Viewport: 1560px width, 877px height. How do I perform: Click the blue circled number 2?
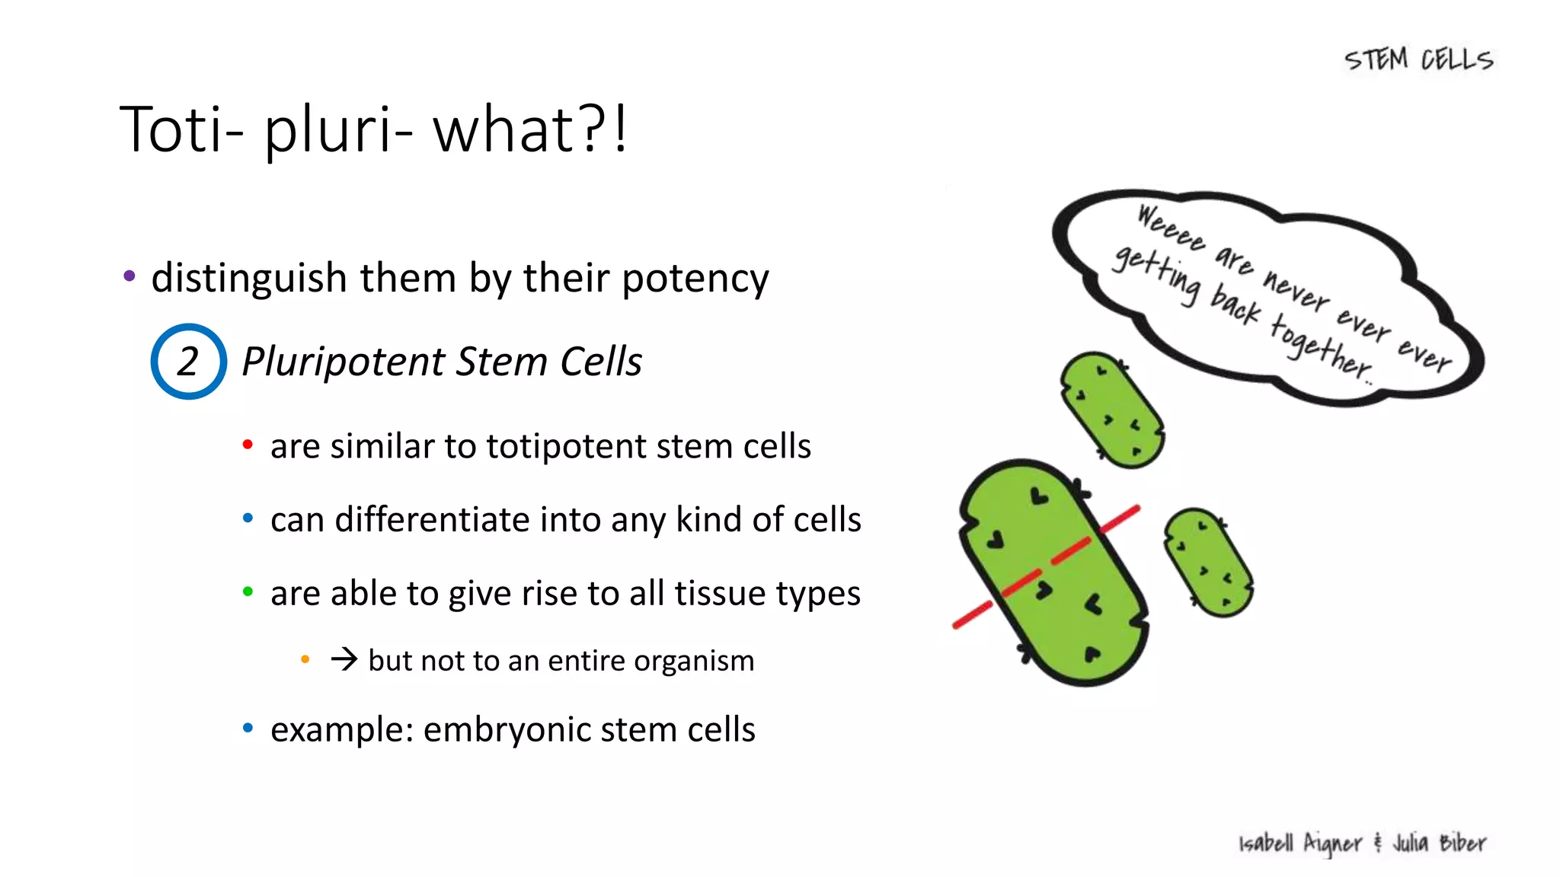(188, 362)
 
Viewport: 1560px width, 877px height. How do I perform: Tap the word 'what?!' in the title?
(530, 129)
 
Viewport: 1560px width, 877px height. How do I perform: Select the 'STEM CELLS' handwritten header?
(1418, 59)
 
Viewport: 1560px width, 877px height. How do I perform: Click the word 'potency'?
(695, 279)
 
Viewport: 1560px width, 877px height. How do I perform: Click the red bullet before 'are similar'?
(248, 445)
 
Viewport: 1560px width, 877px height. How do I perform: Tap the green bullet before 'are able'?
(248, 592)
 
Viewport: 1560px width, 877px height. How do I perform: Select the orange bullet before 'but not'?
(305, 659)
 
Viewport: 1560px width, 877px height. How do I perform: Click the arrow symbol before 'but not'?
(344, 659)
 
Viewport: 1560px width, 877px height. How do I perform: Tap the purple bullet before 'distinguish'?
(129, 276)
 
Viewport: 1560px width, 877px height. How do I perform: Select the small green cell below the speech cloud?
(1113, 410)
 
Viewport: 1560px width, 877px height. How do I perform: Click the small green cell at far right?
(1209, 562)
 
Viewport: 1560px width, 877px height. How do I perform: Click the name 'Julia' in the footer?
(1411, 843)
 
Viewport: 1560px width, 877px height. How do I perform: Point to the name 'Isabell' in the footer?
(1266, 844)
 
